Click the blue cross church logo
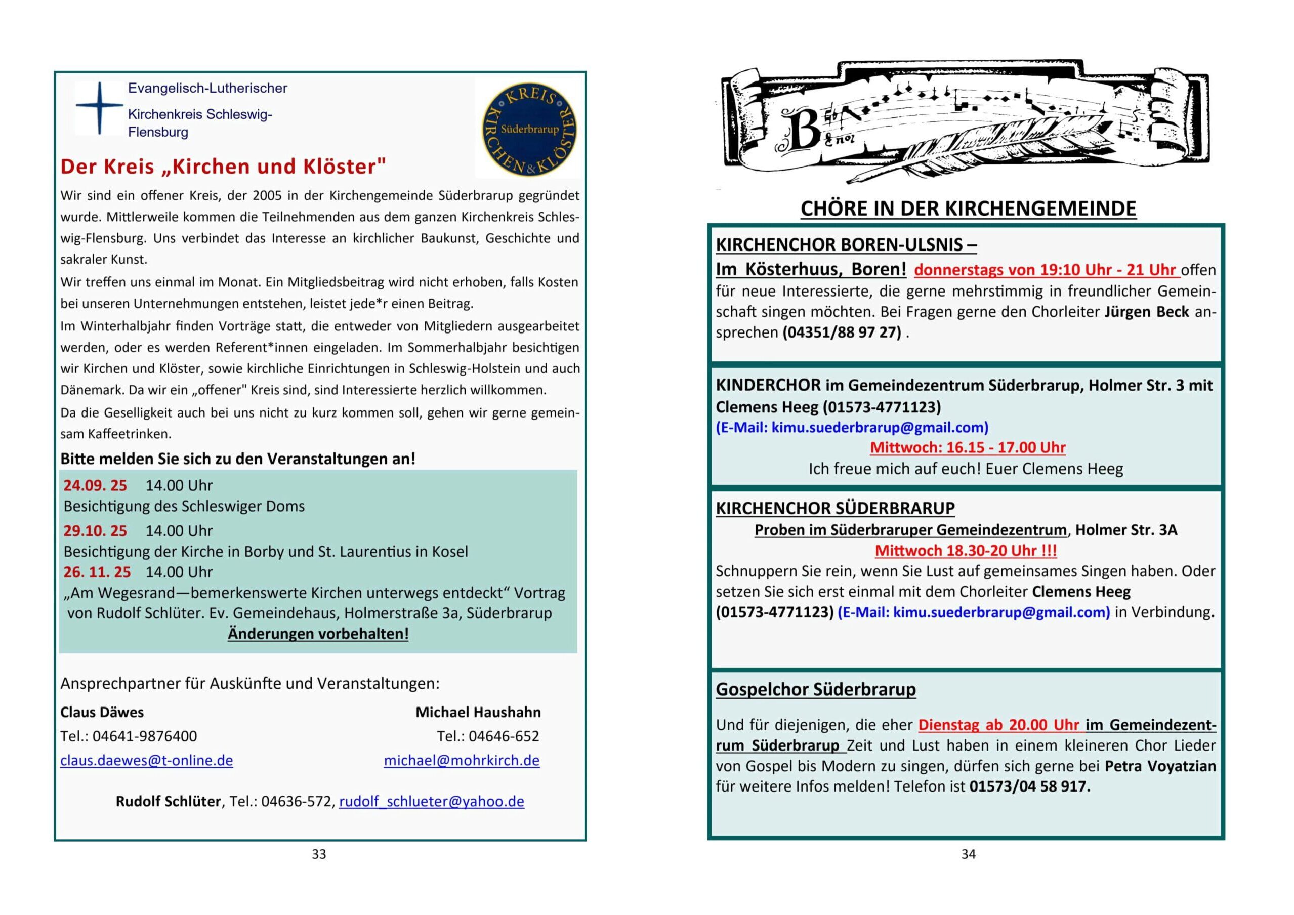point(99,108)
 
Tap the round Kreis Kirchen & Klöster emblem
point(529,129)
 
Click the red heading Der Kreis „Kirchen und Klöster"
point(223,167)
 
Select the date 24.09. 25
point(95,485)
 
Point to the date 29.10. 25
point(95,530)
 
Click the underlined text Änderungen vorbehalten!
point(318,634)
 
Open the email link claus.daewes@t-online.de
point(147,761)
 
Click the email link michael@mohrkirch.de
point(462,761)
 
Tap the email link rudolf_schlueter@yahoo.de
point(431,801)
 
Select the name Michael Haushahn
point(478,712)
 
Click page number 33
point(319,854)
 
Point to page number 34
point(968,854)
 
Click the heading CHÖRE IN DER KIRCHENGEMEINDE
point(968,209)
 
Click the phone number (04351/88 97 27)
point(842,332)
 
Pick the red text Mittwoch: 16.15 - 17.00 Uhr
point(968,448)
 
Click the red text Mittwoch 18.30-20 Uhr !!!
point(966,550)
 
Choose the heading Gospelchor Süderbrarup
point(815,689)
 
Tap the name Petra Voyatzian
point(1160,766)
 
